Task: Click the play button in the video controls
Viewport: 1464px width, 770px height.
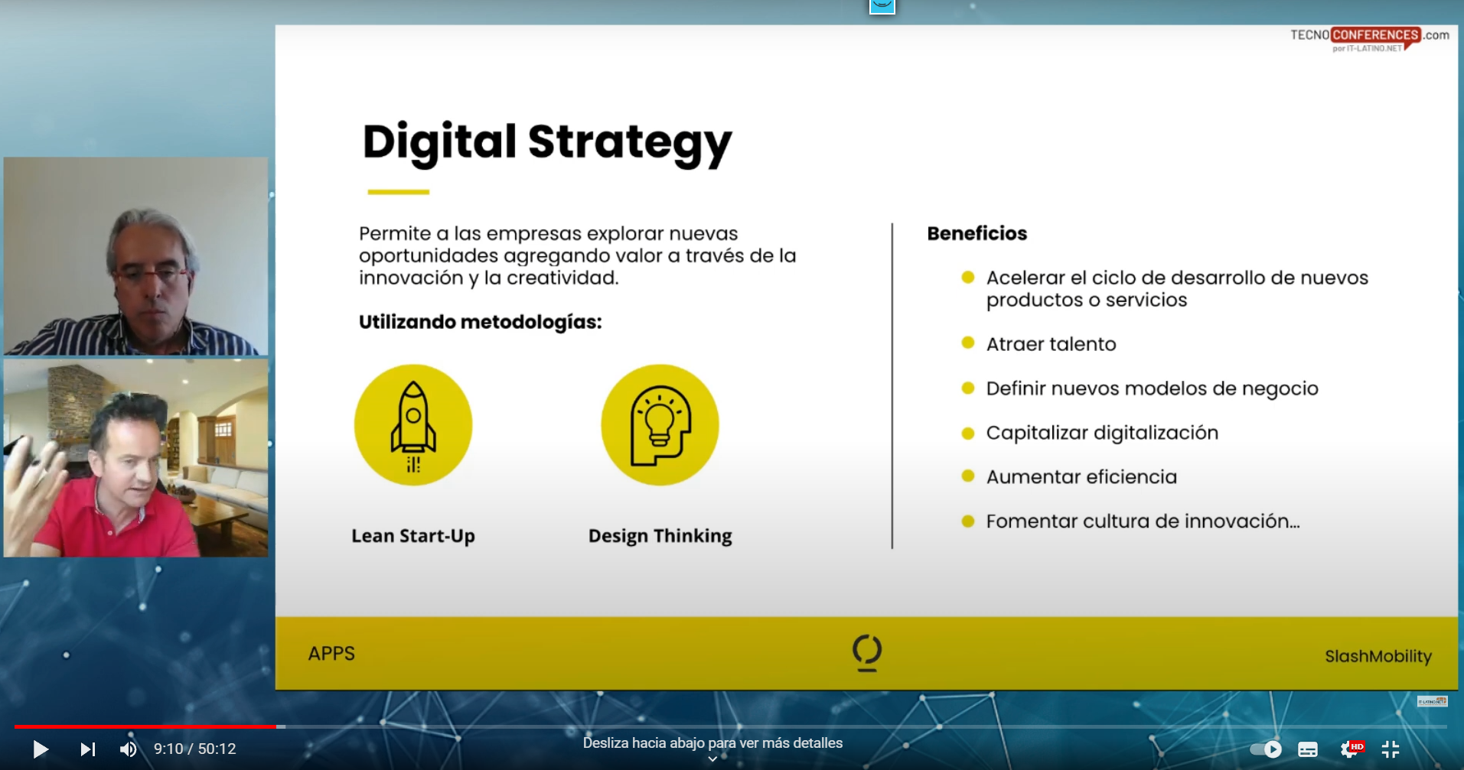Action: tap(41, 749)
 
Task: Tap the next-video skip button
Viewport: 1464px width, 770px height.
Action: tap(88, 749)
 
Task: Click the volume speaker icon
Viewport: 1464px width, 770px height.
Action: tap(129, 749)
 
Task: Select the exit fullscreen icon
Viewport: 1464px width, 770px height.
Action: tap(1391, 749)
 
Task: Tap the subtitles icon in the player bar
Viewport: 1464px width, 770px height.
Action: tap(1308, 749)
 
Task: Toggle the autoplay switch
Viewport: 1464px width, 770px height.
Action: tap(1266, 749)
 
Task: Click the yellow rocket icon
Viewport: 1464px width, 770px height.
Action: tap(413, 425)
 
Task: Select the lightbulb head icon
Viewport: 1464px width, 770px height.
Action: tap(660, 425)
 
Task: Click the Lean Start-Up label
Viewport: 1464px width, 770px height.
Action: tap(413, 536)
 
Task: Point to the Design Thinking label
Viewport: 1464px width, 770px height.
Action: tap(660, 536)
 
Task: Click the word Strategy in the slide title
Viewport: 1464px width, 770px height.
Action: tap(630, 143)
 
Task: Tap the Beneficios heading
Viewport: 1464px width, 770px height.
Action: tap(977, 233)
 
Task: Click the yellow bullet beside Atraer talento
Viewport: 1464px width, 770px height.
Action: tap(968, 343)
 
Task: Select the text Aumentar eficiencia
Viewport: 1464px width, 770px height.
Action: tap(1081, 477)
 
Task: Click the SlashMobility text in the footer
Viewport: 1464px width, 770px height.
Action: tap(1378, 656)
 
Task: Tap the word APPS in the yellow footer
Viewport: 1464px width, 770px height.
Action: tap(331, 654)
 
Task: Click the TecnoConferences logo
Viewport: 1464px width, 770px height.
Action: tap(1369, 39)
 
